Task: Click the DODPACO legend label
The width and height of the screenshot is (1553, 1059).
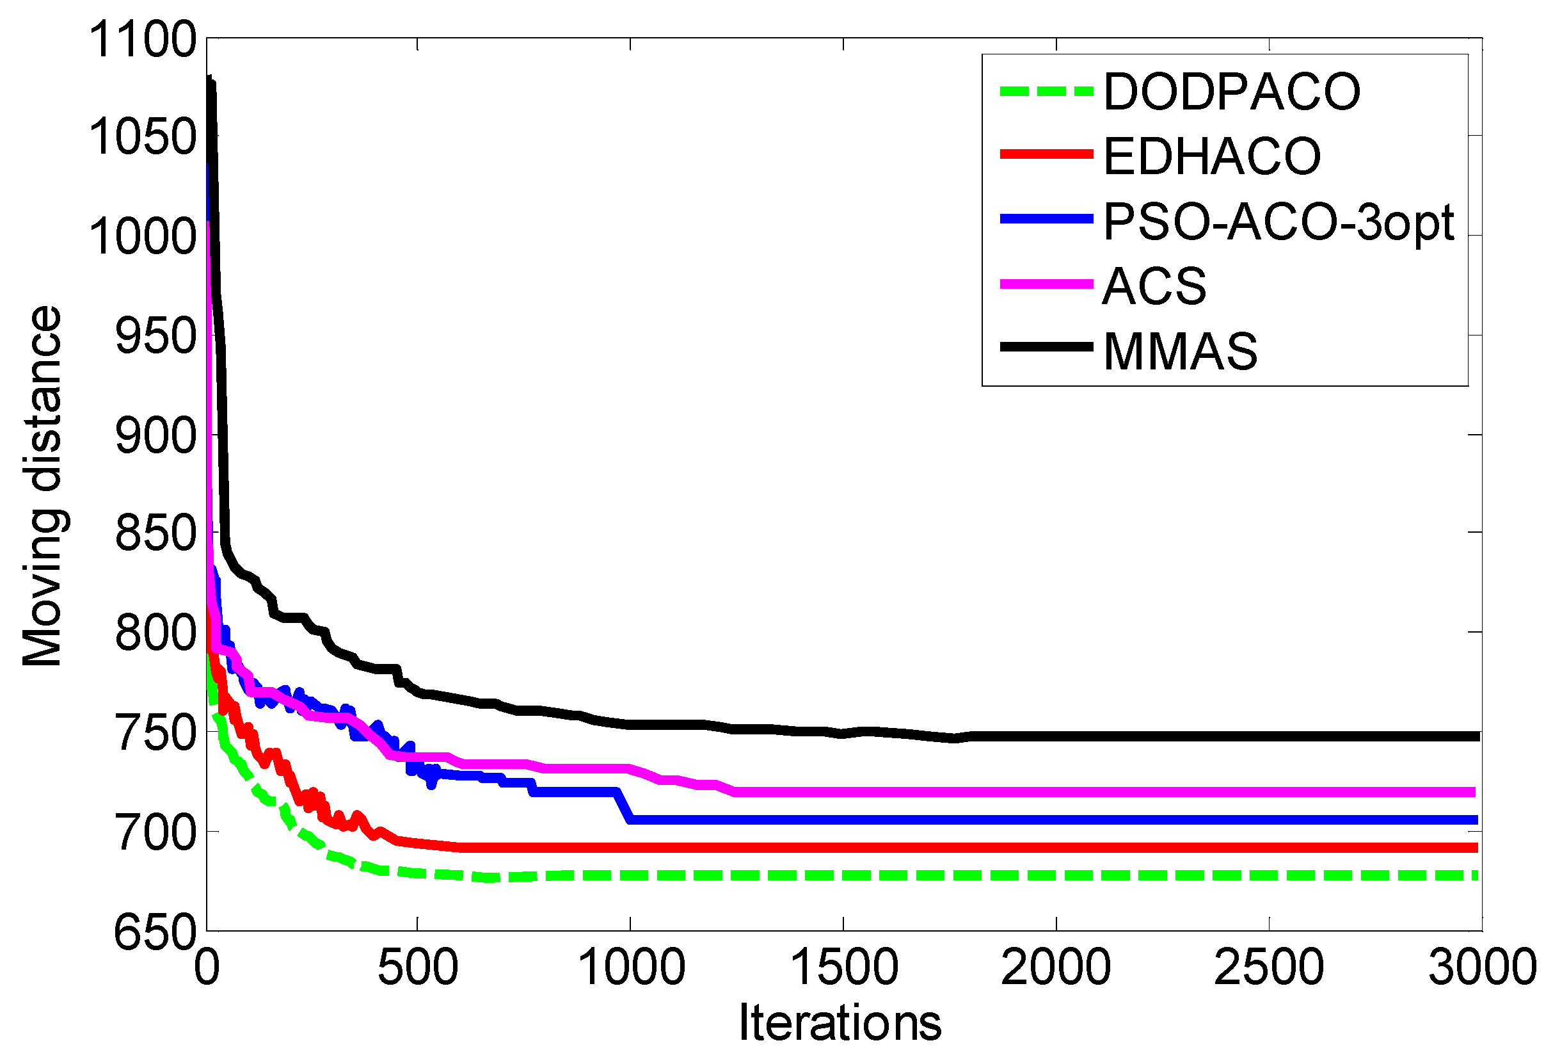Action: coord(1232,92)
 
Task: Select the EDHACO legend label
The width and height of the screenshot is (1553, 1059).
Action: coord(1212,156)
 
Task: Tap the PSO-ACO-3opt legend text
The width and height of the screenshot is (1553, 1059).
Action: coord(1278,222)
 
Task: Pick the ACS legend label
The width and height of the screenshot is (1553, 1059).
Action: coord(1155,286)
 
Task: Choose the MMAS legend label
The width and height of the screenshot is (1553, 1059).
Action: coord(1180,351)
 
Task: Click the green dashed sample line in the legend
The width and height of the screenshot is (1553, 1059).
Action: coord(1046,92)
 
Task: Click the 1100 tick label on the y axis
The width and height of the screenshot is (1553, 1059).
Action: coord(142,40)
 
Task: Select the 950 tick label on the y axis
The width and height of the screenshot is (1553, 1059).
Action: coord(155,335)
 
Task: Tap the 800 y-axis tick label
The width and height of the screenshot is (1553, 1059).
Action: coord(155,633)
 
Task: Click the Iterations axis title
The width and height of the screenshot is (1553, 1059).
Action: coord(840,1024)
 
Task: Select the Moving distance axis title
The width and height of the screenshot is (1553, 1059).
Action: coord(42,486)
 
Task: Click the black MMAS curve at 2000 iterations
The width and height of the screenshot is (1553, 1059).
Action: coord(1056,736)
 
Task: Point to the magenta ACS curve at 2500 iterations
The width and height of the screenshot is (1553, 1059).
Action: coord(1268,792)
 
